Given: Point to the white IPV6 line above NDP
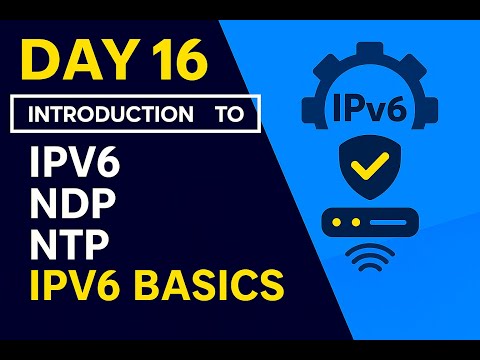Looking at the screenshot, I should (72, 162).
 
